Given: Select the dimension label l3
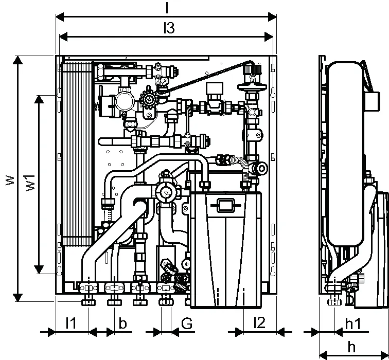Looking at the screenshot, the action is point(169,28).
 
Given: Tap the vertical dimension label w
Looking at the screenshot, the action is point(10,181).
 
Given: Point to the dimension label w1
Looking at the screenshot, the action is point(30,183).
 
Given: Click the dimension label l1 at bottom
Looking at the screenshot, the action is point(71,323).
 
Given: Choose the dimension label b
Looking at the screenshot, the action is point(122,323).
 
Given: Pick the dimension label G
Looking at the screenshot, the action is point(187,323).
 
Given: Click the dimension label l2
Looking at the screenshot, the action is point(259,323).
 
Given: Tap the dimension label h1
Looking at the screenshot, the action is point(353,324).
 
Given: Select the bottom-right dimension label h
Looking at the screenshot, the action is point(351,347).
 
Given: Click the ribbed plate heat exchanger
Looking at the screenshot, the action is point(77,154).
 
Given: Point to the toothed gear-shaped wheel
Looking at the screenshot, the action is point(149,99).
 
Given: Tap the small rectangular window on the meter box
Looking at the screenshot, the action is point(225,205).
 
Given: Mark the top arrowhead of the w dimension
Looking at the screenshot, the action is point(17,60).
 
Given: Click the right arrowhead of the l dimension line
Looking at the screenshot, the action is point(272,17).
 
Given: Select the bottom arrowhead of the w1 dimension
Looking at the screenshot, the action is point(39,269).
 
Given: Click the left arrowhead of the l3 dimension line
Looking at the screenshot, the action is point(63,37).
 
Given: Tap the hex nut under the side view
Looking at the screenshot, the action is point(334,302).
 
